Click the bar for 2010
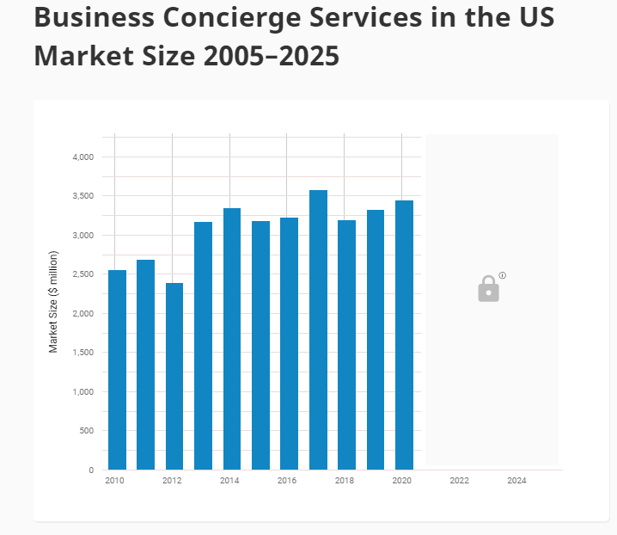pyautogui.click(x=117, y=370)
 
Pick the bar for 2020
pyautogui.click(x=404, y=335)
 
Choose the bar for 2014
pyautogui.click(x=232, y=339)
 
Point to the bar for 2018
pyautogui.click(x=346, y=345)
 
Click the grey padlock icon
pyautogui.click(x=488, y=289)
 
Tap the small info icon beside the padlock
pyautogui.click(x=503, y=275)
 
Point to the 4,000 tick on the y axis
pyautogui.click(x=82, y=157)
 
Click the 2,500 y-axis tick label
pyautogui.click(x=82, y=274)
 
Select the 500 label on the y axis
pyautogui.click(x=87, y=431)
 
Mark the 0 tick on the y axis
pyautogui.click(x=91, y=470)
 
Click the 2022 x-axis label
pyautogui.click(x=459, y=481)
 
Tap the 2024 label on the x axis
pyautogui.click(x=516, y=481)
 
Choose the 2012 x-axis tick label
pyautogui.click(x=172, y=481)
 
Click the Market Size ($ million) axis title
pyautogui.click(x=53, y=302)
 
